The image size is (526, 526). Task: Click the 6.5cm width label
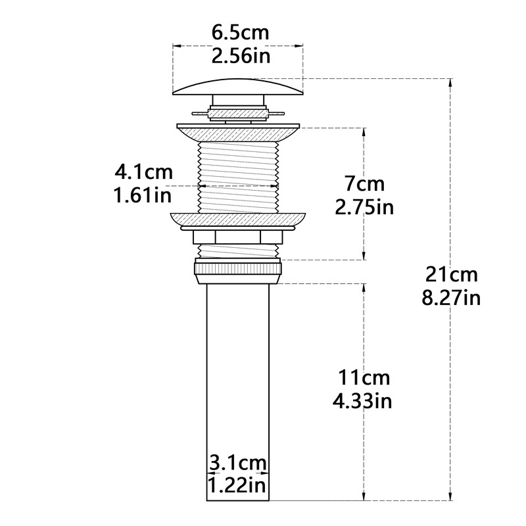[x=240, y=33]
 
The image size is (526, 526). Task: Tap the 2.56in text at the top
[x=241, y=56]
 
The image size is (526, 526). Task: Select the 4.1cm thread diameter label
[x=143, y=172]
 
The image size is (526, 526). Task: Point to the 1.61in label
[x=143, y=195]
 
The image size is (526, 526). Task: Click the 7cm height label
[x=365, y=184]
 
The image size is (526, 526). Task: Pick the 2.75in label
[x=364, y=207]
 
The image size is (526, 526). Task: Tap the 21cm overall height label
[x=451, y=274]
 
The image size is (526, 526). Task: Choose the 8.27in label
[x=451, y=298]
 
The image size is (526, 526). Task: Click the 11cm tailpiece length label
[x=364, y=377]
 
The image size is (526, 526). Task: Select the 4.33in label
[x=362, y=401]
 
